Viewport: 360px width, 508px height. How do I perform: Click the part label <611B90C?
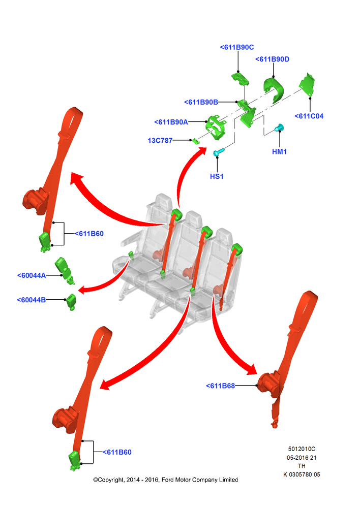(237, 47)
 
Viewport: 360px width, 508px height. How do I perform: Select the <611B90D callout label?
(272, 59)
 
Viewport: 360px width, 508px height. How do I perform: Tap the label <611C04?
(309, 116)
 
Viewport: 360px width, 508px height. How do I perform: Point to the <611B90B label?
(201, 103)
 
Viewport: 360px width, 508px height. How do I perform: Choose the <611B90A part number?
(171, 122)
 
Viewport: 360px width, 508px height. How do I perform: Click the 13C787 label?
(160, 141)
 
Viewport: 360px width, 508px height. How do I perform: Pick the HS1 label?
(217, 177)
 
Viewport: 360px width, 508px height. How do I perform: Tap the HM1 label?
(279, 151)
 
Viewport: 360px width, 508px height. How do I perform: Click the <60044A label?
(32, 276)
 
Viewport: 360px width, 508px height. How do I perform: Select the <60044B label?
(31, 300)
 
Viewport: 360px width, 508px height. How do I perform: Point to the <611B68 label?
(220, 386)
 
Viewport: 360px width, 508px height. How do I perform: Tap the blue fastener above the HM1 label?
(279, 128)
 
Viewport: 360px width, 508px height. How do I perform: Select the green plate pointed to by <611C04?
(307, 85)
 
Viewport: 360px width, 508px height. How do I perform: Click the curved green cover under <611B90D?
(273, 89)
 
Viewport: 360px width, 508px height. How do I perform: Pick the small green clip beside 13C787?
(196, 141)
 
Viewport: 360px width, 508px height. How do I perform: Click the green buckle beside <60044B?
(71, 301)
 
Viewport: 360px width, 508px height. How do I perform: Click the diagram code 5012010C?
(302, 449)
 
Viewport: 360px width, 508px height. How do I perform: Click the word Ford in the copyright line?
(167, 480)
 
